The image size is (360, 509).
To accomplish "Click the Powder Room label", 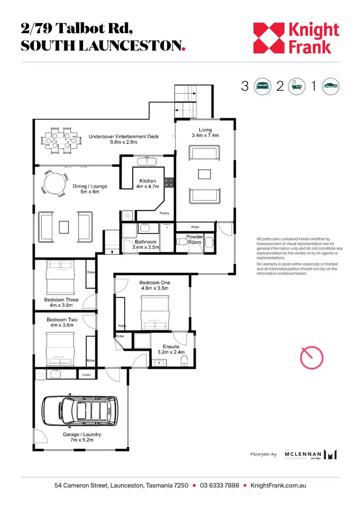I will [195, 239].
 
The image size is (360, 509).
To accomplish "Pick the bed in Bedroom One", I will [155, 311].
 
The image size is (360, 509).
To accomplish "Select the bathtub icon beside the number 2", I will [297, 86].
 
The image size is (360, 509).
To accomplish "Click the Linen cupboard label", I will [87, 375].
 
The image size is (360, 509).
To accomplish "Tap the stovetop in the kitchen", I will [169, 182].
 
